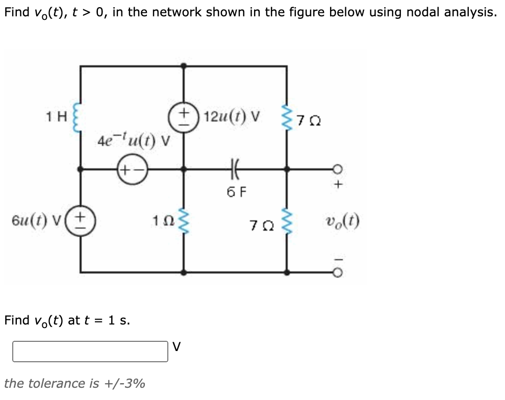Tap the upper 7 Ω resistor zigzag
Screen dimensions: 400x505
(x=287, y=120)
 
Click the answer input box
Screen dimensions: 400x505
(x=90, y=352)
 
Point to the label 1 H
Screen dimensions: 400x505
(x=55, y=117)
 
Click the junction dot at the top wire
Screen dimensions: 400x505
(x=184, y=66)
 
